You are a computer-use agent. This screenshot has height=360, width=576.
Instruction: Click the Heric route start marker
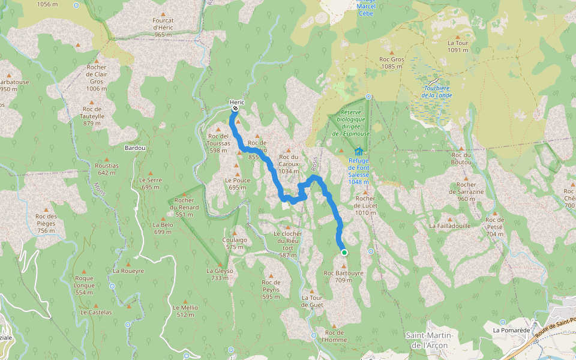point(235,109)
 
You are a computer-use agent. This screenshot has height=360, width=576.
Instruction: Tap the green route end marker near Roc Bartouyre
point(344,253)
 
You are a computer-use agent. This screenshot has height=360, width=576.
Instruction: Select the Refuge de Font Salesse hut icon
point(359,151)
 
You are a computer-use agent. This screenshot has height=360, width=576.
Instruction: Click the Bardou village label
point(135,148)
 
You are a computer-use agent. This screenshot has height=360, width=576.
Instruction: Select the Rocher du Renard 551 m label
point(184,207)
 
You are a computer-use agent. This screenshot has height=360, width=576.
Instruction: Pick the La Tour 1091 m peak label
point(457,47)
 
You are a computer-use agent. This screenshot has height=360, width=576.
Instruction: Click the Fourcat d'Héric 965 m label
point(163,27)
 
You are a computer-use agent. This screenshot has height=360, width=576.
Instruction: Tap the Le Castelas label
point(96,313)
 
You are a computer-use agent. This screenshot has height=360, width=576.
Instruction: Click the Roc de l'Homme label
point(334,336)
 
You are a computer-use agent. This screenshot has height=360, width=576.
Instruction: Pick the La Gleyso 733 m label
point(219,274)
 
